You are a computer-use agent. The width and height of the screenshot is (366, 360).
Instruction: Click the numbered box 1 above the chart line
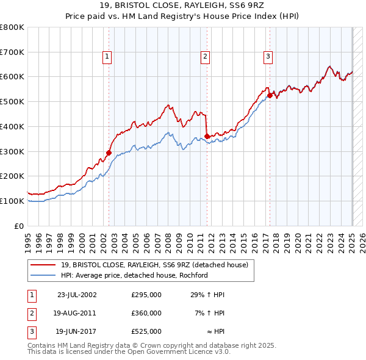tap(107, 57)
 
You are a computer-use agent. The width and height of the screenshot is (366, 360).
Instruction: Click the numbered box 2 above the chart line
tap(205, 57)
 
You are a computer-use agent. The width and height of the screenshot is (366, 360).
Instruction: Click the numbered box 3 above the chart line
tap(268, 57)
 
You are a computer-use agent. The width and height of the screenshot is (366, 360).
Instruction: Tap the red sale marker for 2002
tap(109, 153)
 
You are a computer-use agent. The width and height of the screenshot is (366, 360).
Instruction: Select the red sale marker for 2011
tap(207, 136)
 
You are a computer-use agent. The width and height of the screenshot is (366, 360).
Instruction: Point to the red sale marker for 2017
tap(270, 95)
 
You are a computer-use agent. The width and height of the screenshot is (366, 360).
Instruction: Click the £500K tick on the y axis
tap(12, 101)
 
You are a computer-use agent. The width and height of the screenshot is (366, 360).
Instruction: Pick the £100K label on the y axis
tap(12, 201)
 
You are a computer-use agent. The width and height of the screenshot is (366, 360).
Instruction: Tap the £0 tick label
tap(20, 226)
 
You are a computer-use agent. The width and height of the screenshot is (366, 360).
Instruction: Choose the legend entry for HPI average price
tap(134, 275)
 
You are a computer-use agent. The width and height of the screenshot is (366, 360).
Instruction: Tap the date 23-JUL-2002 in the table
tap(77, 295)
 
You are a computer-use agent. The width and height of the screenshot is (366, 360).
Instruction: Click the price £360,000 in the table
tap(146, 313)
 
